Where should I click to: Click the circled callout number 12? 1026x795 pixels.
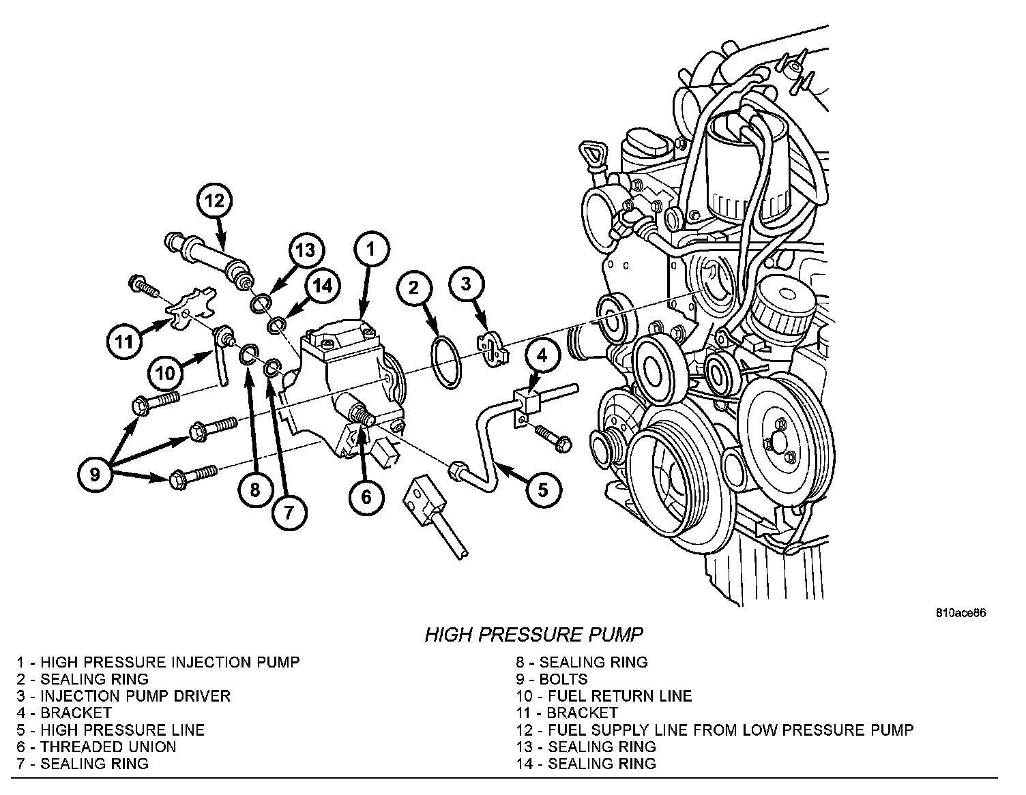tap(214, 200)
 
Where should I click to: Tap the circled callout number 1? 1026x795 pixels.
tap(370, 250)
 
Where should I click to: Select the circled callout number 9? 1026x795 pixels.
tap(95, 472)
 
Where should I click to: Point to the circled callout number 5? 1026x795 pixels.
tap(542, 489)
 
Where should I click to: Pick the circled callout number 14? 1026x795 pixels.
tap(322, 286)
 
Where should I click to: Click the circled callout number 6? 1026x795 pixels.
tap(366, 497)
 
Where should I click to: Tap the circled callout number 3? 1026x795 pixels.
tap(465, 284)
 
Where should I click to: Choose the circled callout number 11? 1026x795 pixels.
tap(124, 340)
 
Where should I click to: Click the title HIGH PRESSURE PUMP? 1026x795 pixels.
tap(533, 635)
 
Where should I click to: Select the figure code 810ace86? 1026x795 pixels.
tap(961, 612)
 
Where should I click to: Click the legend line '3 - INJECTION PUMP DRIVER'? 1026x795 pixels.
tap(124, 696)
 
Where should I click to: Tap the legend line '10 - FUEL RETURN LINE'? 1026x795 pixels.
tap(604, 696)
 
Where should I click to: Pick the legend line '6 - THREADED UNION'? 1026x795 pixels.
tap(97, 747)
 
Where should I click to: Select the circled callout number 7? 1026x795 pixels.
tap(289, 511)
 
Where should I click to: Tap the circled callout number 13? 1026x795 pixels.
tap(305, 250)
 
